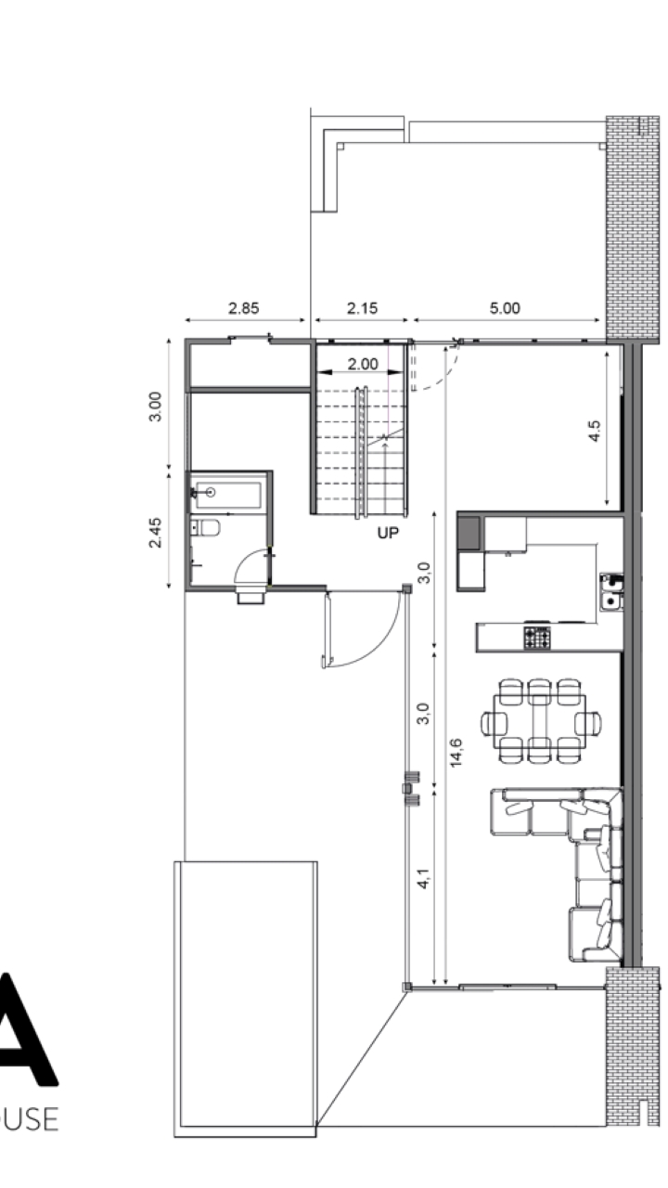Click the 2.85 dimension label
coord(243,308)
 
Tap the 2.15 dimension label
coord(362,308)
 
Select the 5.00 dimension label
coord(504,308)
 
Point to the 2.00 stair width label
coord(363,365)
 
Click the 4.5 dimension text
coord(595,431)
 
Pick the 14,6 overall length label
coord(456,753)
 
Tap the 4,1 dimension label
coord(423,878)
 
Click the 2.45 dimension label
coord(155,533)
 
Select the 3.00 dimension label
coord(155,407)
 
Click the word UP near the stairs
coord(388,533)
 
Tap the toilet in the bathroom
coord(206,528)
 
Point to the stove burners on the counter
coord(537,638)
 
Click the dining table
coord(540,721)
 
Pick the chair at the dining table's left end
coord(494,723)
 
